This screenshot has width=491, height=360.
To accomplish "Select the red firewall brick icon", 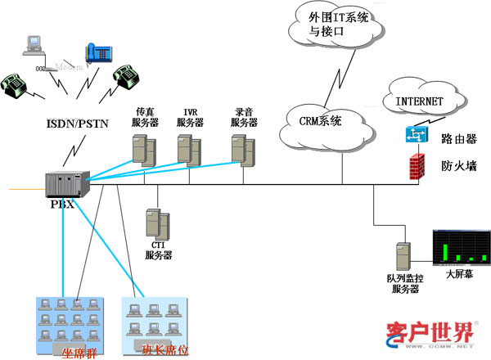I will [x=417, y=166].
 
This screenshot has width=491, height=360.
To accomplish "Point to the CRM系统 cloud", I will [x=320, y=122].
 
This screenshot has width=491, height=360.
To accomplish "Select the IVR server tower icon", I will [x=189, y=148].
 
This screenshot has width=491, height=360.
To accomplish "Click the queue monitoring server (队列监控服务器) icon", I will [x=402, y=254].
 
